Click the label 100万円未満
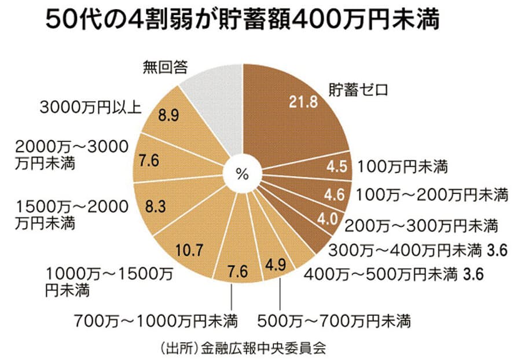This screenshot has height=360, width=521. [x=403, y=168]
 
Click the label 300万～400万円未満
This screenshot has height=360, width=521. [x=405, y=251]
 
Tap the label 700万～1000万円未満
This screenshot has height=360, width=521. [x=156, y=319]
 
